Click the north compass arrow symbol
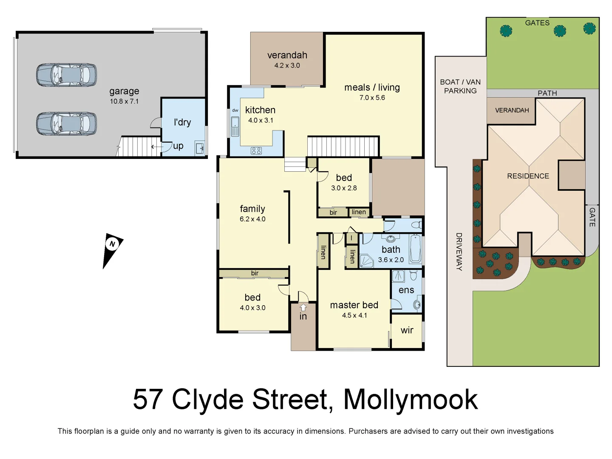tap(112, 249)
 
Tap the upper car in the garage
tap(66, 75)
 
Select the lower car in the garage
tap(66, 124)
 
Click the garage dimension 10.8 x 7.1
tap(124, 101)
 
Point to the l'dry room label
tap(182, 122)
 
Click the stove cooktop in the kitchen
tap(256, 150)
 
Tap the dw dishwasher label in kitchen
tap(235, 110)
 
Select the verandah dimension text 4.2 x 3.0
tap(287, 65)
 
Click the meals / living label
tap(372, 88)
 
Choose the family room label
tap(252, 209)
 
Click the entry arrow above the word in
tap(303, 307)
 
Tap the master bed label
tap(354, 305)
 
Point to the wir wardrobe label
tap(407, 330)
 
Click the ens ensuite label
tap(406, 290)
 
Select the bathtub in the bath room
tap(415, 249)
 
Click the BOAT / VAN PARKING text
tap(460, 86)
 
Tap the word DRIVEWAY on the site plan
tap(459, 252)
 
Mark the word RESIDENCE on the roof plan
tap(528, 176)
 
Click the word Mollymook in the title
tap(410, 399)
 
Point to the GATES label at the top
tap(537, 23)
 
